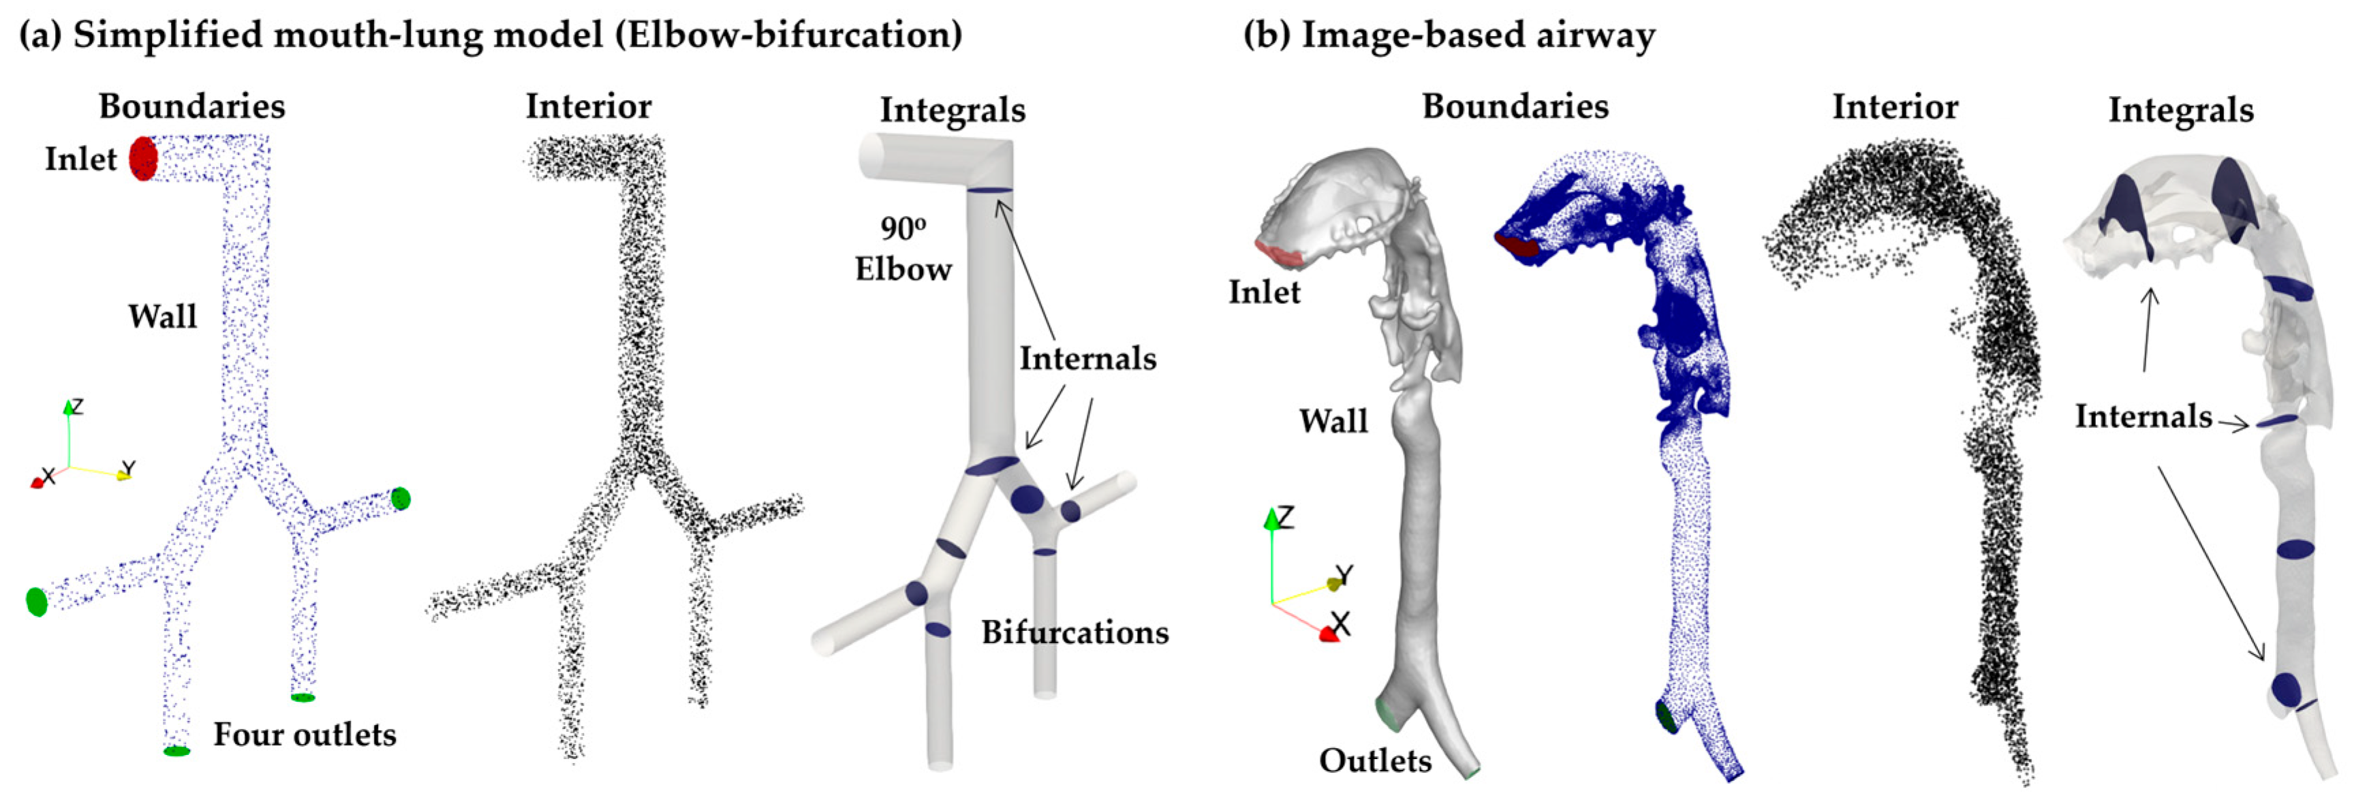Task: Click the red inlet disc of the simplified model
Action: coord(142,158)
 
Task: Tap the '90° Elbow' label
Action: coord(903,248)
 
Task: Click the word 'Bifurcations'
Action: coord(1074,632)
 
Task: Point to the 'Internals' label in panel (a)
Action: coord(1087,358)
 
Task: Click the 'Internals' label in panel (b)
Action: coord(2143,416)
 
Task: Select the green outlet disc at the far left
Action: coord(36,601)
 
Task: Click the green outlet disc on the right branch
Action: coord(401,498)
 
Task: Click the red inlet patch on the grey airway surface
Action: coord(1278,253)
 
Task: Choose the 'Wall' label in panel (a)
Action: coord(163,316)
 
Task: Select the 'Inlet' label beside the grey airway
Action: coord(1265,292)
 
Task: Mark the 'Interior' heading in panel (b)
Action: coord(1895,106)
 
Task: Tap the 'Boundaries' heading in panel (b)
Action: coord(1515,106)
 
